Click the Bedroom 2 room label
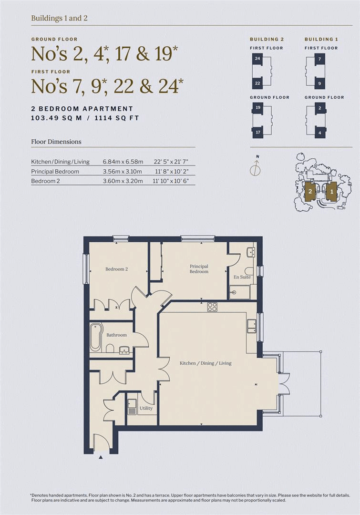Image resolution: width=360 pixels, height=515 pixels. point(116,269)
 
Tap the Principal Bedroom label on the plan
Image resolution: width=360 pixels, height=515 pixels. point(199,269)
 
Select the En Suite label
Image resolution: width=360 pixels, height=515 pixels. point(242,277)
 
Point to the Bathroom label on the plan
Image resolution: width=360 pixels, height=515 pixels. point(116,335)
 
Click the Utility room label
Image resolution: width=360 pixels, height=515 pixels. point(146,408)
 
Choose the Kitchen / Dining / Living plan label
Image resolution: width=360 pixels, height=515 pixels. point(205,363)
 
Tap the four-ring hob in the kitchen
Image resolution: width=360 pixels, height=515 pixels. point(212,307)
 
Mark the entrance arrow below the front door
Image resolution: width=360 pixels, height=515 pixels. point(101,457)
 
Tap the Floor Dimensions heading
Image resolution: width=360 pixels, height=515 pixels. point(56,142)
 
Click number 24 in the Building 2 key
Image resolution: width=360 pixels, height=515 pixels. point(257,58)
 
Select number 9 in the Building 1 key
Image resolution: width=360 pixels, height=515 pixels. point(319,83)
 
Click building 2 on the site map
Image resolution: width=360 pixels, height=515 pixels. point(310,192)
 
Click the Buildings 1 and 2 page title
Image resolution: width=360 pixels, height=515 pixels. point(59,18)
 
